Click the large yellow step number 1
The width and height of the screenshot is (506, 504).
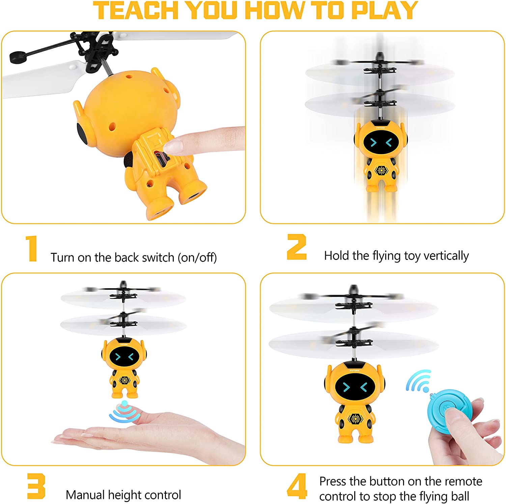(x=32, y=248)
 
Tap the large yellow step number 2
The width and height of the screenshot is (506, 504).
(x=297, y=247)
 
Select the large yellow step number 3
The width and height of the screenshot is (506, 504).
(x=36, y=486)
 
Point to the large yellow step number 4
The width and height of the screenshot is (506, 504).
(x=297, y=486)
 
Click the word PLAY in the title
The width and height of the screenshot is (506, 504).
(x=384, y=11)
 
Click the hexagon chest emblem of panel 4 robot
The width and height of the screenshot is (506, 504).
(x=355, y=419)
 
